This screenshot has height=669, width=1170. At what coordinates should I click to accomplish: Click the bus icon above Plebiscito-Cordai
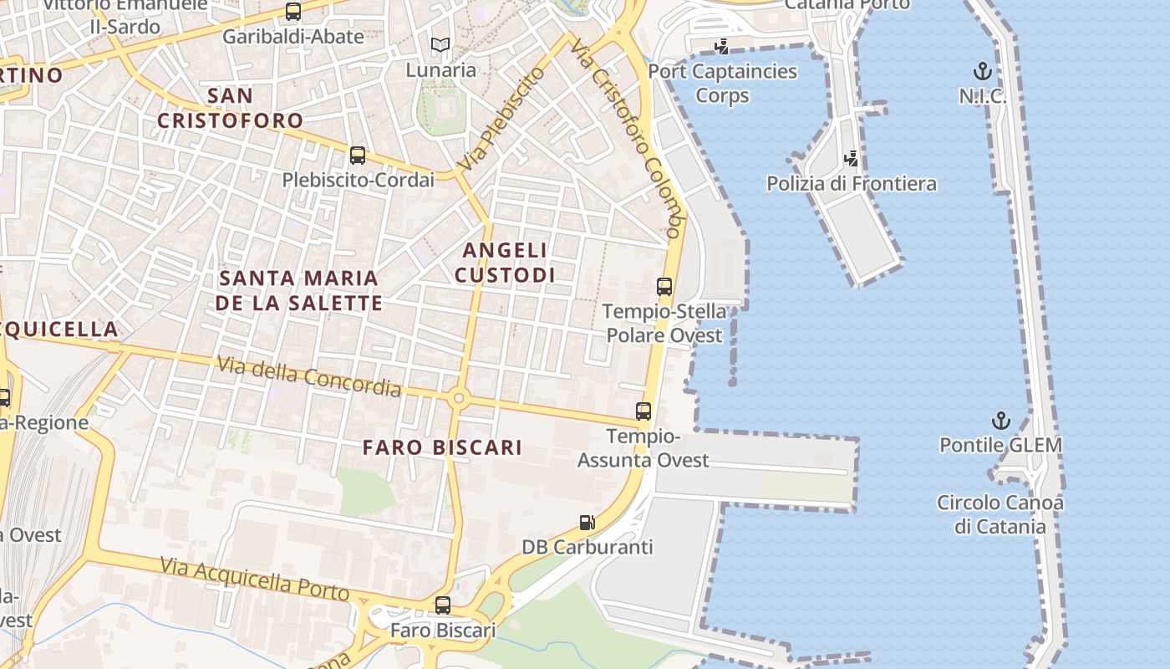[x=358, y=155]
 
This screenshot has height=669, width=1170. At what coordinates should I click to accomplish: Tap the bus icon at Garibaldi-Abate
[x=293, y=12]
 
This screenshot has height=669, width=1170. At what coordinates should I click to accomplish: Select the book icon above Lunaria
[x=440, y=45]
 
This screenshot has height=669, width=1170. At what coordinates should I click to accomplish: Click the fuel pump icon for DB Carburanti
[x=588, y=523]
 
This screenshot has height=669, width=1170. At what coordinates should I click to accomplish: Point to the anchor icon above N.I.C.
[x=983, y=71]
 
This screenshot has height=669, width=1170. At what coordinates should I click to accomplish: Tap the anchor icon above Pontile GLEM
[x=1000, y=420]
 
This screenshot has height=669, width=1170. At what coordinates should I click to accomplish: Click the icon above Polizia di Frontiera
[x=852, y=158]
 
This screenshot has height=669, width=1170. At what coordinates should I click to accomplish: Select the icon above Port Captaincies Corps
[x=721, y=47]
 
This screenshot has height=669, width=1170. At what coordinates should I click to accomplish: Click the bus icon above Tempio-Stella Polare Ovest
[x=664, y=287]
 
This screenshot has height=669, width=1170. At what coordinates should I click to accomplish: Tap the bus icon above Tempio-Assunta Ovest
[x=643, y=411]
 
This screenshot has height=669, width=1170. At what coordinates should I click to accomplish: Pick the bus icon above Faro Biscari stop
[x=443, y=605]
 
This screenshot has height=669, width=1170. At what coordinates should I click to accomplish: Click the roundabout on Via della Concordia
[x=457, y=398]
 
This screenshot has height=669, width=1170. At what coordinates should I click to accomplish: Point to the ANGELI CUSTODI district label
[x=505, y=263]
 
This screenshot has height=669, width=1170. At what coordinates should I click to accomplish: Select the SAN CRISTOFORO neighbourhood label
[x=230, y=108]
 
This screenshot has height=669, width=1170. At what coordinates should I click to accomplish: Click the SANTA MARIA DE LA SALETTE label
[x=299, y=290]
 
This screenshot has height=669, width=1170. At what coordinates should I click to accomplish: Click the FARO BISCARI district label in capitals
[x=442, y=447]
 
